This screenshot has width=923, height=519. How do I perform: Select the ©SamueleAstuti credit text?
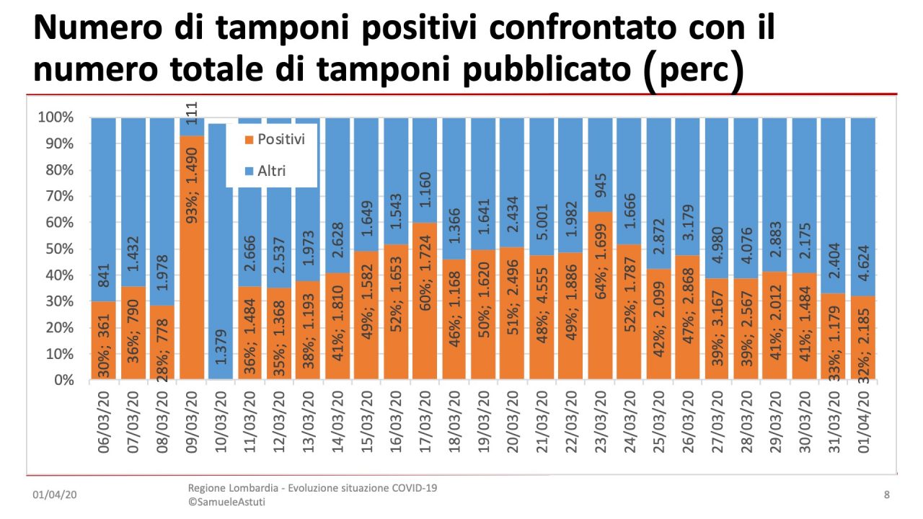pos(226,502)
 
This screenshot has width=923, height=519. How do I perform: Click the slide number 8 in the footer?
pos(887,495)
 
